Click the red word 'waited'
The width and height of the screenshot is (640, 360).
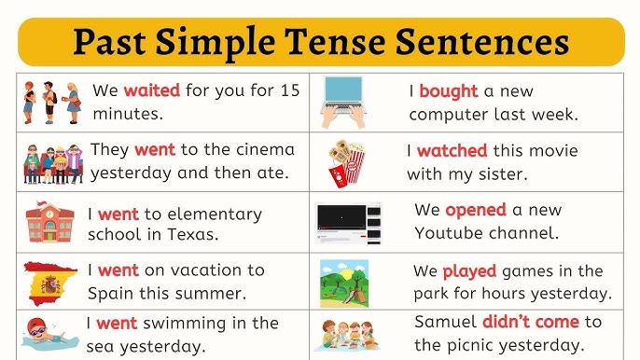point(152,91)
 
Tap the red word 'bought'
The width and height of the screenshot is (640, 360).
point(449,91)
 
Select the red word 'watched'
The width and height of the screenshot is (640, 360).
point(452,150)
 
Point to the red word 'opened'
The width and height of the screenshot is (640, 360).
point(475,210)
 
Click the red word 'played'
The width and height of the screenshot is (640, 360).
point(469,271)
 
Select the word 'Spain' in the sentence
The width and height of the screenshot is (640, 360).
point(111,293)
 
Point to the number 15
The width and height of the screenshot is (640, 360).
point(289,91)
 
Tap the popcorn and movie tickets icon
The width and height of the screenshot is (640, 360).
point(346,162)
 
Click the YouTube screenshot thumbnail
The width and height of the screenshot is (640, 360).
point(349,222)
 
